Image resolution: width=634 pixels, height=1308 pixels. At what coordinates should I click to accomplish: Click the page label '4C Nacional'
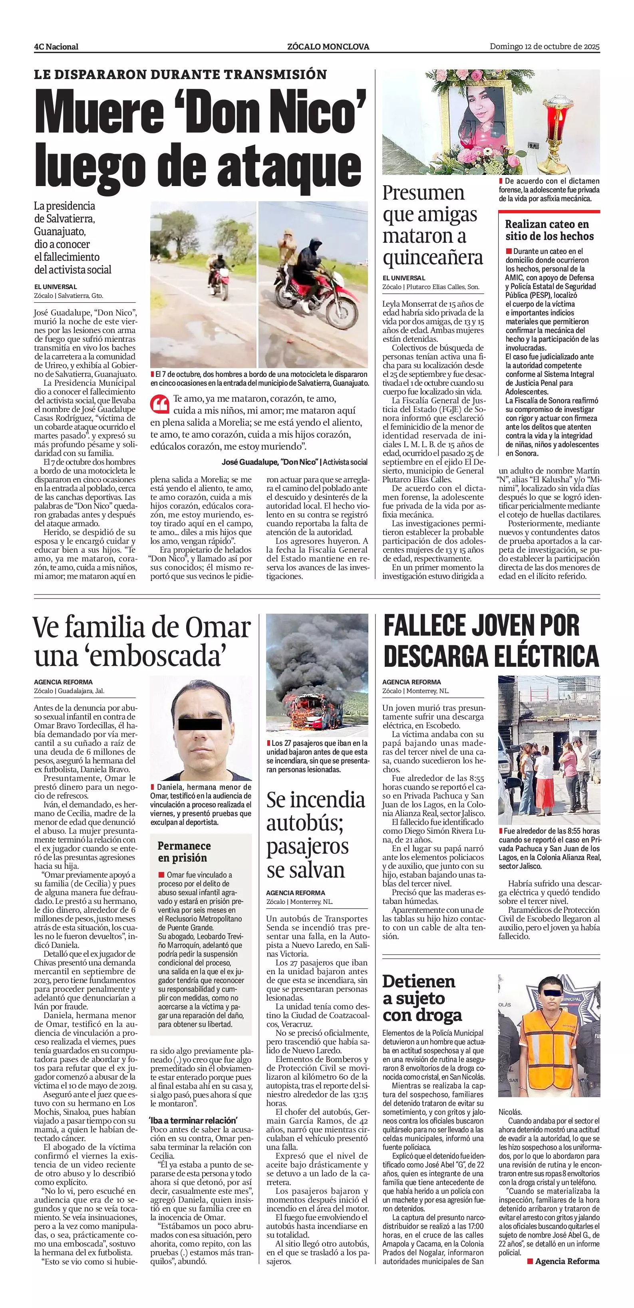(56, 47)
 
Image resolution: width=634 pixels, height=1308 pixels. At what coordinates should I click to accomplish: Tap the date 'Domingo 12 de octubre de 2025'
(545, 46)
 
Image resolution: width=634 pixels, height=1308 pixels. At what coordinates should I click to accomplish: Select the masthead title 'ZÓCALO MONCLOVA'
(328, 47)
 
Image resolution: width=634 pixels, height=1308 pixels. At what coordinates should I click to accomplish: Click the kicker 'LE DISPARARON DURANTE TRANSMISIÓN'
(180, 75)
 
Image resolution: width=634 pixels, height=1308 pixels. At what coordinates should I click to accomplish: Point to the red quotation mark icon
(159, 404)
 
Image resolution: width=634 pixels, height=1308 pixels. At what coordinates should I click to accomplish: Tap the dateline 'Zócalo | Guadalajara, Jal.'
(69, 691)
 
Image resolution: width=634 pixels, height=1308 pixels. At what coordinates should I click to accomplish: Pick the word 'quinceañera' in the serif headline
(432, 258)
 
